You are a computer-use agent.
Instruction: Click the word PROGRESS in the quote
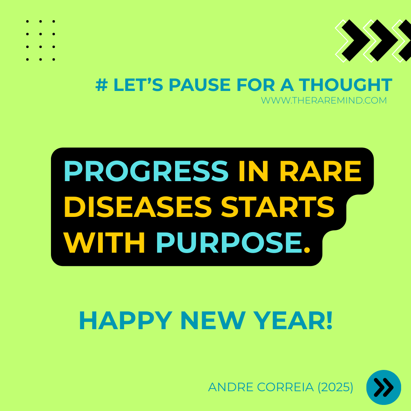146,171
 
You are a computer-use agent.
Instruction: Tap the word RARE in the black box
320,171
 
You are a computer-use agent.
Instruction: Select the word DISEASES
138,207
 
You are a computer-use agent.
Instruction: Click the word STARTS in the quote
277,207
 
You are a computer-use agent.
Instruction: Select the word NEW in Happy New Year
213,320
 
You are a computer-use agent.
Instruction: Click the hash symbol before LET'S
102,85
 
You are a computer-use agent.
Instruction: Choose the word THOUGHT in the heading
346,85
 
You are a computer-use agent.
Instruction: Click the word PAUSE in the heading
199,85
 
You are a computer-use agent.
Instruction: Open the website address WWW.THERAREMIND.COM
324,100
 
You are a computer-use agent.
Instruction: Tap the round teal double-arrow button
384,387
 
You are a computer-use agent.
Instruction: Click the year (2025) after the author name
336,387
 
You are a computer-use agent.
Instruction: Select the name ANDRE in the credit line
231,387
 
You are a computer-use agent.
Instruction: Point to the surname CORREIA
285,387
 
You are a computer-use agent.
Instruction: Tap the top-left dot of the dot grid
27,21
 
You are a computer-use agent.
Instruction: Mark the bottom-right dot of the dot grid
54,59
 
